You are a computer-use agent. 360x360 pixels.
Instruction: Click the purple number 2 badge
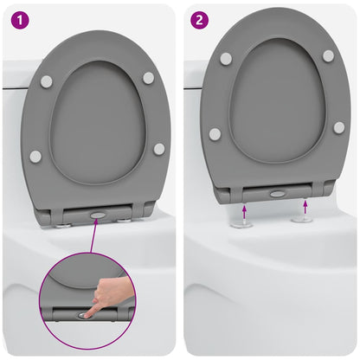pyautogui.click(x=200, y=18)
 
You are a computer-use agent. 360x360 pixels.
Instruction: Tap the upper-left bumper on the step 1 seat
pyautogui.click(x=47, y=81)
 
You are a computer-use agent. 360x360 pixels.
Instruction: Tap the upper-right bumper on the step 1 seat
pyautogui.click(x=148, y=78)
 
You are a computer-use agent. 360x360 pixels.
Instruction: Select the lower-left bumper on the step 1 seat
pyautogui.click(x=35, y=157)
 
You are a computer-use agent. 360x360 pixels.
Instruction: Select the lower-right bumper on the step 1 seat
pyautogui.click(x=159, y=149)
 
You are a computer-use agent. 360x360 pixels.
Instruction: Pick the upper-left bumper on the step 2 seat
pyautogui.click(x=226, y=59)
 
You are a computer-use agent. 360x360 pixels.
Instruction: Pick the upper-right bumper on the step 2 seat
pyautogui.click(x=328, y=55)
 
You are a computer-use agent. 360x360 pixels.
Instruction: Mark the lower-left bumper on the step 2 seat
pyautogui.click(x=215, y=134)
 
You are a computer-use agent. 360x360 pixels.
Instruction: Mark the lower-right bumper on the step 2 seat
pyautogui.click(x=339, y=127)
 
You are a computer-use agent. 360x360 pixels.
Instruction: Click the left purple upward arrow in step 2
pyautogui.click(x=245, y=209)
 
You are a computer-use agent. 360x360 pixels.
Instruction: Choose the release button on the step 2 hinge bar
pyautogui.click(x=277, y=194)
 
